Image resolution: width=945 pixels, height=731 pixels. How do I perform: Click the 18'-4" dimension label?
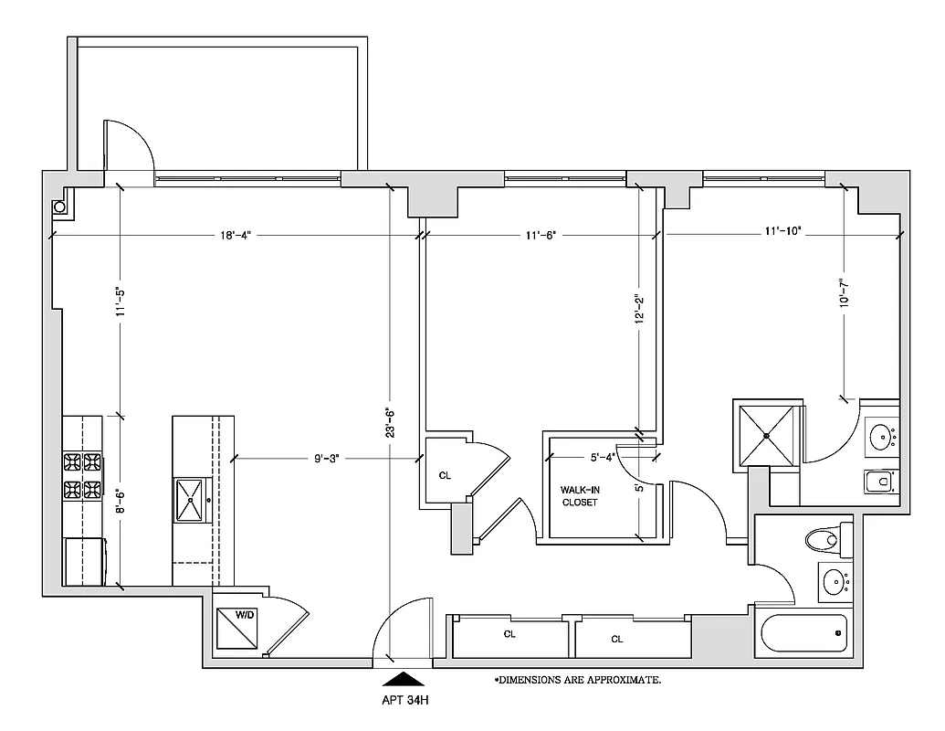click(x=236, y=235)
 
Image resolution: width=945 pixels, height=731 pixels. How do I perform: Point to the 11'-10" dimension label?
click(x=782, y=233)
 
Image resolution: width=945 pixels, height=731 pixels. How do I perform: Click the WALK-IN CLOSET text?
click(x=579, y=496)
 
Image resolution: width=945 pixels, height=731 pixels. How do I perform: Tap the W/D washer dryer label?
click(x=245, y=616)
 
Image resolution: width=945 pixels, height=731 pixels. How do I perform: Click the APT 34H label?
click(x=404, y=702)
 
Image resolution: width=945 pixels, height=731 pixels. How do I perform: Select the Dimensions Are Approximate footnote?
click(x=577, y=681)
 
